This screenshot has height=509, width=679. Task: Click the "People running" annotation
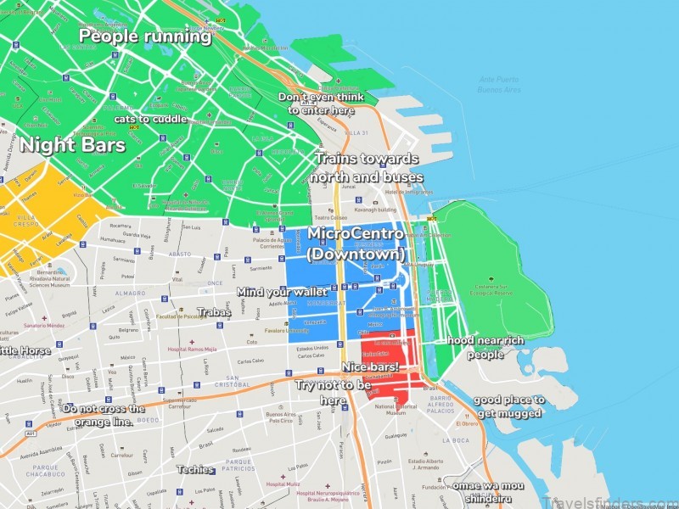click(145, 36)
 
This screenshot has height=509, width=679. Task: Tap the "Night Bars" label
click(72, 145)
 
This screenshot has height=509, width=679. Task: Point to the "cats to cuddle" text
click(151, 119)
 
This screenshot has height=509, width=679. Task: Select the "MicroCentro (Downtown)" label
click(355, 243)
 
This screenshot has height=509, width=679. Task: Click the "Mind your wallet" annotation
click(283, 292)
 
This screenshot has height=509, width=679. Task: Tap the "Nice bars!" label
click(370, 366)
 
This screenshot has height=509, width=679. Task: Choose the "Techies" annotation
click(194, 469)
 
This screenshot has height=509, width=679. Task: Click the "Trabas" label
click(214, 313)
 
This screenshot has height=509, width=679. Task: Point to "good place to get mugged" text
click(508, 406)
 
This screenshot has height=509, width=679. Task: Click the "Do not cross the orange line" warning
click(98, 415)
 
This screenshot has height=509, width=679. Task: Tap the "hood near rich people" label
click(485, 348)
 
